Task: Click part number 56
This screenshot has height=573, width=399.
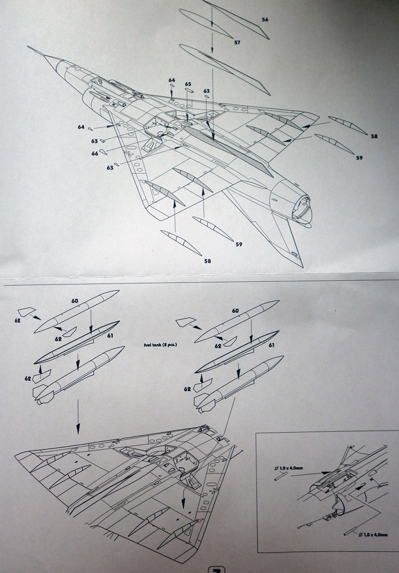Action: tap(265, 20)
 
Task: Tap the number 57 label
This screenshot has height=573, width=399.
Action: tap(237, 43)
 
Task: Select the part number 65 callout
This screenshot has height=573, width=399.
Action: tap(188, 84)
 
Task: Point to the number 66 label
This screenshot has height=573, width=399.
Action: tap(95, 153)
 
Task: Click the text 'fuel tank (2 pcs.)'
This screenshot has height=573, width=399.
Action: tap(160, 345)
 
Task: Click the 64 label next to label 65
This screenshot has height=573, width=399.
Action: tap(172, 80)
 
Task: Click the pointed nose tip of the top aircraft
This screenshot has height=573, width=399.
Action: tap(29, 47)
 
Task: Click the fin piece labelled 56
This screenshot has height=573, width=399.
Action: tap(238, 20)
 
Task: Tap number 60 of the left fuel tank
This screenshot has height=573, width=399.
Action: tap(74, 300)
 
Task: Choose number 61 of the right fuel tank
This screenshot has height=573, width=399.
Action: tap(271, 345)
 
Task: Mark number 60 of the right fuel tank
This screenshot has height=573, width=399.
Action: tap(235, 311)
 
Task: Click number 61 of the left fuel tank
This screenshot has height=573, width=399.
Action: tap(110, 335)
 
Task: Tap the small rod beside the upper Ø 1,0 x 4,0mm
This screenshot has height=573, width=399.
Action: tap(281, 476)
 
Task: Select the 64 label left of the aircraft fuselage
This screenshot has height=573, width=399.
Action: tap(81, 127)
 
